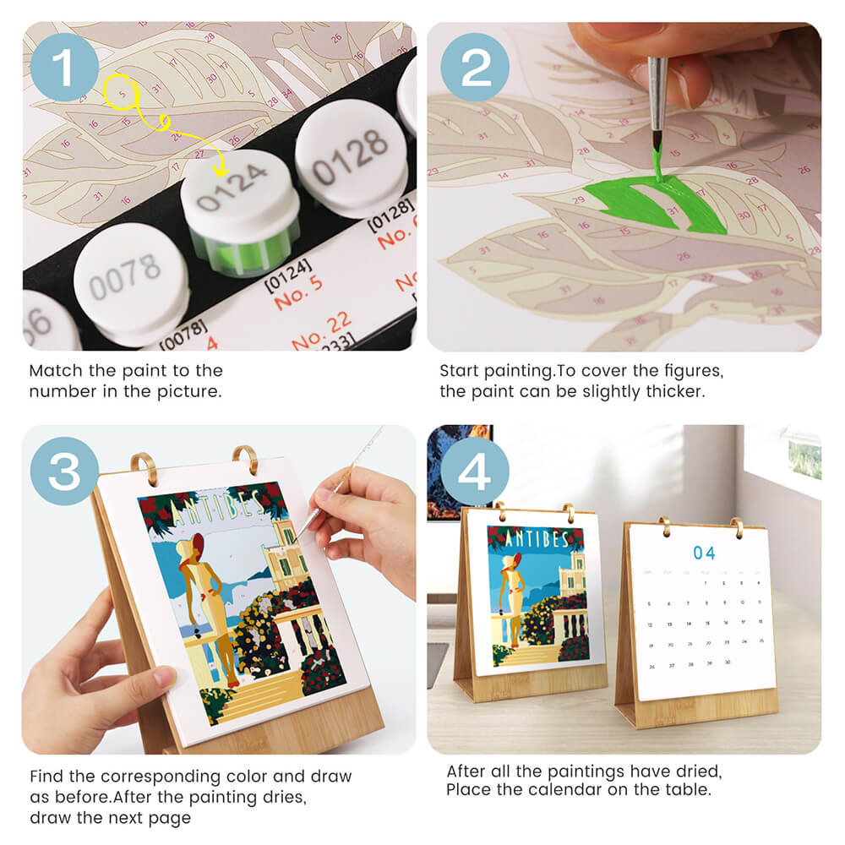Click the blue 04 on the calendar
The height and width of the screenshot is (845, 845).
point(704,553)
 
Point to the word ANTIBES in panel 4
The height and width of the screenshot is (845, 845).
point(535,537)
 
